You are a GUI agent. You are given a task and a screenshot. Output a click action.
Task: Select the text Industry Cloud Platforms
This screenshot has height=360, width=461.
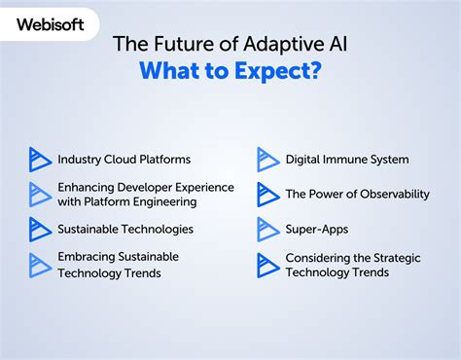[124, 159]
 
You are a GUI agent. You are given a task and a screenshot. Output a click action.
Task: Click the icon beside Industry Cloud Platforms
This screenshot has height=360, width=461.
[40, 159]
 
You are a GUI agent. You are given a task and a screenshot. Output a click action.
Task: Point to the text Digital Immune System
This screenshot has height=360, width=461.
[346, 159]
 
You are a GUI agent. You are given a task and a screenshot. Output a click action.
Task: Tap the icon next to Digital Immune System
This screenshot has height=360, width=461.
[267, 159]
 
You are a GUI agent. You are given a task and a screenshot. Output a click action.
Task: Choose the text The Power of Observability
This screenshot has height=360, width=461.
[357, 194]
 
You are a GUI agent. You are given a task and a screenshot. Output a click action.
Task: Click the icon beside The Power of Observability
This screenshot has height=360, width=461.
[267, 194]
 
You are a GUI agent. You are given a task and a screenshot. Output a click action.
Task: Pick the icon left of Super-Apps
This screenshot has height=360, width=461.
[267, 230]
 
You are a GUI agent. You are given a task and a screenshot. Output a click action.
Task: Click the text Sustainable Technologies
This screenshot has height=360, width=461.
[124, 230]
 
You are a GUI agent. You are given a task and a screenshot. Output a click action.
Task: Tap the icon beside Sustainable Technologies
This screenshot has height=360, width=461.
[40, 230]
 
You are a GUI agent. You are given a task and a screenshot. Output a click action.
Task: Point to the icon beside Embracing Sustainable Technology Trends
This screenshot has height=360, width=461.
[40, 265]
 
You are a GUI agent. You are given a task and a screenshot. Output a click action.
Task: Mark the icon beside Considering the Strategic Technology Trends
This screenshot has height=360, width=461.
[267, 265]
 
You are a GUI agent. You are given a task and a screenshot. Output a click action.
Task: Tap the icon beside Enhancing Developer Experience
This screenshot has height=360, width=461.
[40, 194]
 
